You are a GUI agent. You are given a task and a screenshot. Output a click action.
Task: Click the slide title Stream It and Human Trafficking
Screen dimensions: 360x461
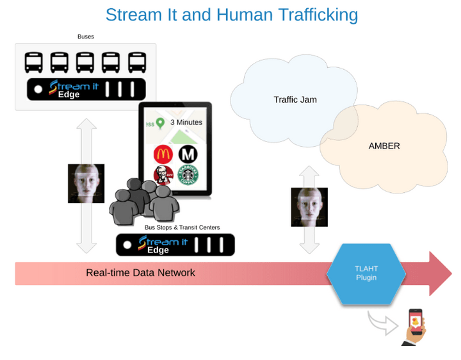click(231, 14)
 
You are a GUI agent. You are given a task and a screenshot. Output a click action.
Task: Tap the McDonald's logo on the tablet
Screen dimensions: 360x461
click(163, 154)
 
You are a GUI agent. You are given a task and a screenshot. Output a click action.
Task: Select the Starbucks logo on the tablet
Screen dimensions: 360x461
click(188, 175)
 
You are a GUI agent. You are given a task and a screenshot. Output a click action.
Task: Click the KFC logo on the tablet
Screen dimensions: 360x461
click(163, 175)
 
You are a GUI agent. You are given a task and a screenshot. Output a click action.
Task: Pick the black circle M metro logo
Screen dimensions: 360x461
click(188, 154)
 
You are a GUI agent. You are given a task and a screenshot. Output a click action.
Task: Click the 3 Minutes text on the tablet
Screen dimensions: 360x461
click(186, 122)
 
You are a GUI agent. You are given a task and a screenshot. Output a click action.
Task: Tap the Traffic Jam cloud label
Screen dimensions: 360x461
click(295, 99)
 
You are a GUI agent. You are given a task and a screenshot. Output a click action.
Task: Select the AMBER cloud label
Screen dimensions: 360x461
click(384, 146)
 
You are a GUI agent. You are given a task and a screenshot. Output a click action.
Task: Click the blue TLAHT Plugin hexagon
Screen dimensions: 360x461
click(366, 274)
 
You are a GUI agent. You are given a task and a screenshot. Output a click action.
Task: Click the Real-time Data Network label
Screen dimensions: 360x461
click(140, 273)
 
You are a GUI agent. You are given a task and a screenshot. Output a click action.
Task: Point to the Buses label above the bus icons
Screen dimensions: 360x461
click(86, 37)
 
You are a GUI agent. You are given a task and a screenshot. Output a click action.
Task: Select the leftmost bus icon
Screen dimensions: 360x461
click(34, 62)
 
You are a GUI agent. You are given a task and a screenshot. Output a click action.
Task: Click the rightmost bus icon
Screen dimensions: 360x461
click(136, 62)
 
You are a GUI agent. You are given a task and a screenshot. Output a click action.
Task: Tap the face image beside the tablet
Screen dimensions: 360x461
click(86, 183)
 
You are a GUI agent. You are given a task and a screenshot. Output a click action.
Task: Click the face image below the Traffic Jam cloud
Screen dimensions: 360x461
click(309, 207)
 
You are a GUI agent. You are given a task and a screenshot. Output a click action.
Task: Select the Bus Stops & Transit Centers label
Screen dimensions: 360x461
click(182, 227)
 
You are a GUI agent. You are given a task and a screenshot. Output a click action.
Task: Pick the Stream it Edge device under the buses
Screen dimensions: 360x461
click(85, 88)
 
